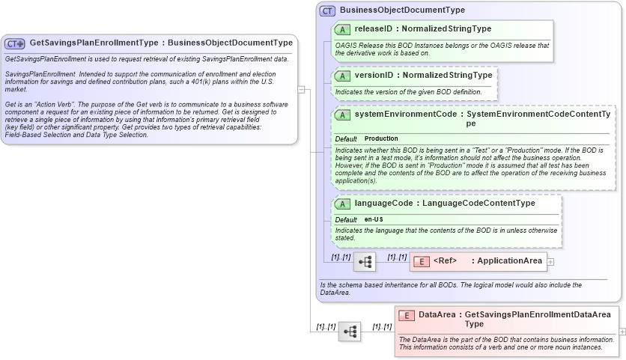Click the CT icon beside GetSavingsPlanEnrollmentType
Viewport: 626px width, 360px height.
15,43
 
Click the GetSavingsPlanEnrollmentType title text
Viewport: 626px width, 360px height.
95,43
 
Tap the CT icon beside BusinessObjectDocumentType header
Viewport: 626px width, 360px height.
327,10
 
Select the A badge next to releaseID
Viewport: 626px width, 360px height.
342,29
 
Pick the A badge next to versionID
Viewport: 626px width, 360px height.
342,76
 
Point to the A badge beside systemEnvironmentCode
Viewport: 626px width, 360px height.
342,115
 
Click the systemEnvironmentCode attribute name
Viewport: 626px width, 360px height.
404,115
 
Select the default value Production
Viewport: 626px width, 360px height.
381,139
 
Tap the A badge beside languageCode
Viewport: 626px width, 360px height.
342,203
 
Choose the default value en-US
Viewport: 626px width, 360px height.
374,219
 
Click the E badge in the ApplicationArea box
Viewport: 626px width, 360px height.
421,261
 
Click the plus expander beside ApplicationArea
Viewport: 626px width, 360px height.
550,262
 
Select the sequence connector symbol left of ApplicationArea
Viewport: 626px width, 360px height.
365,262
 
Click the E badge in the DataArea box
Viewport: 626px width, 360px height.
407,315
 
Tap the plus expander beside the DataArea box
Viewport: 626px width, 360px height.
622,332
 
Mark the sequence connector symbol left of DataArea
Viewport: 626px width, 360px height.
350,332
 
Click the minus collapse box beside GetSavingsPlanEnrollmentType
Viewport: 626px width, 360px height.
301,89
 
